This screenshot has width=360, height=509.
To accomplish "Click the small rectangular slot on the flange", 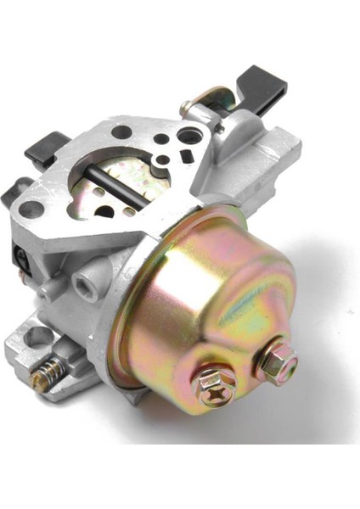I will [185, 154].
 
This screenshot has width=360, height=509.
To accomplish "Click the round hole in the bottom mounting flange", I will [37, 336].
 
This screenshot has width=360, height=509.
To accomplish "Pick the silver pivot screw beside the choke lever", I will [185, 107].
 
